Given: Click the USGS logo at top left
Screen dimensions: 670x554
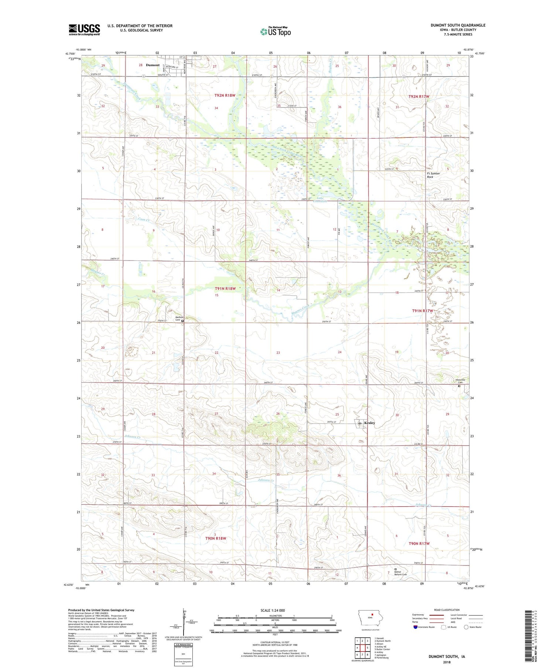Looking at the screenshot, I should (84, 30).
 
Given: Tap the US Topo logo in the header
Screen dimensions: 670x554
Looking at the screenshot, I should (276, 32).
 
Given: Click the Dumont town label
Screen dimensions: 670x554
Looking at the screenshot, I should (153, 65).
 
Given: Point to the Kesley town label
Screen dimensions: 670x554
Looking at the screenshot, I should (369, 423).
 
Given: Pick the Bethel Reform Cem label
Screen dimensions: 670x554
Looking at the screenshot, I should (400, 573).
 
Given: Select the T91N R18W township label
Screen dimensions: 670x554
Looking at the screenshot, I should (225, 289).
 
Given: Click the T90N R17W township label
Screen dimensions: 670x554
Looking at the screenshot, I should (419, 544).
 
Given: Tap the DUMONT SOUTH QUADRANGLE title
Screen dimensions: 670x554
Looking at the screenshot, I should (458, 25).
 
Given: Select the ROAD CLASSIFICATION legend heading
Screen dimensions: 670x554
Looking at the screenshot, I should (447, 610).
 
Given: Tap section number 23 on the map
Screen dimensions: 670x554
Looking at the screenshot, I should (278, 353).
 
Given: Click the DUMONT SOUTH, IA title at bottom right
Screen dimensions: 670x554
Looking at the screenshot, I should (447, 657).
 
